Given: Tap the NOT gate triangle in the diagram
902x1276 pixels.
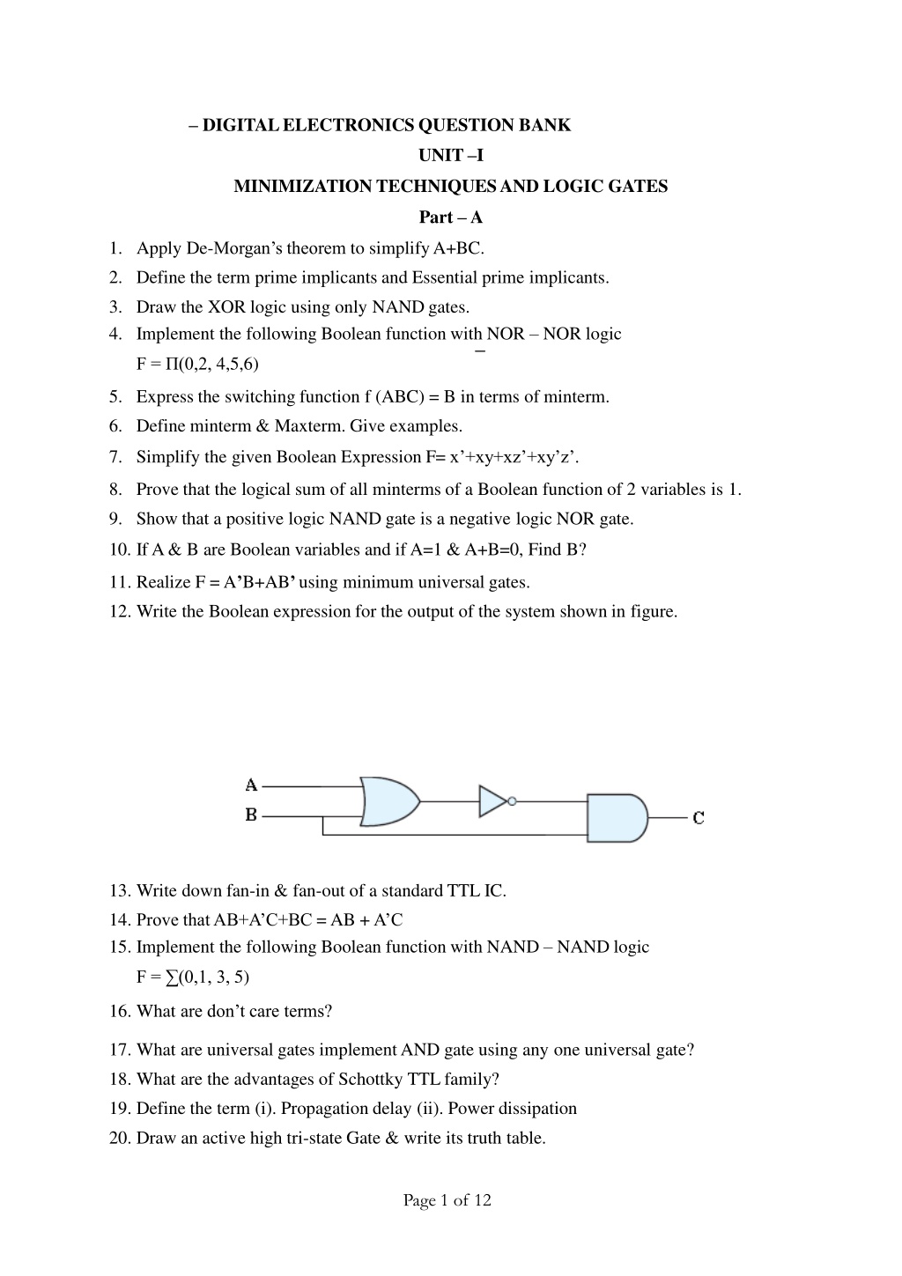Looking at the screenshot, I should (492, 801).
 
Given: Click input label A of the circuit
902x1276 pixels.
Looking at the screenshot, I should (251, 785).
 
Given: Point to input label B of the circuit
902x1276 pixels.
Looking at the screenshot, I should (251, 815).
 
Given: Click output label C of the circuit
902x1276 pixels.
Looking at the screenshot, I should (698, 818).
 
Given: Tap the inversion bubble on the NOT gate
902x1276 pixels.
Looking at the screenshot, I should (512, 801).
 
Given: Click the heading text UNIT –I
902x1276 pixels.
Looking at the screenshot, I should (450, 156).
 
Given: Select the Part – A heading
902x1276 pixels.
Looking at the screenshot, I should (450, 217).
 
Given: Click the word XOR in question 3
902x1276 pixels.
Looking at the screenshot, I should (225, 307).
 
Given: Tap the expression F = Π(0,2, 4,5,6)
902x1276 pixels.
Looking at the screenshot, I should (197, 364).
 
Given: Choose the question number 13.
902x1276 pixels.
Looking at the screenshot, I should (120, 890).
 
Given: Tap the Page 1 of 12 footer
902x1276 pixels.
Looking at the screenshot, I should (447, 1199).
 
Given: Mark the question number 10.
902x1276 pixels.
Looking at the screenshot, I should (120, 549).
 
